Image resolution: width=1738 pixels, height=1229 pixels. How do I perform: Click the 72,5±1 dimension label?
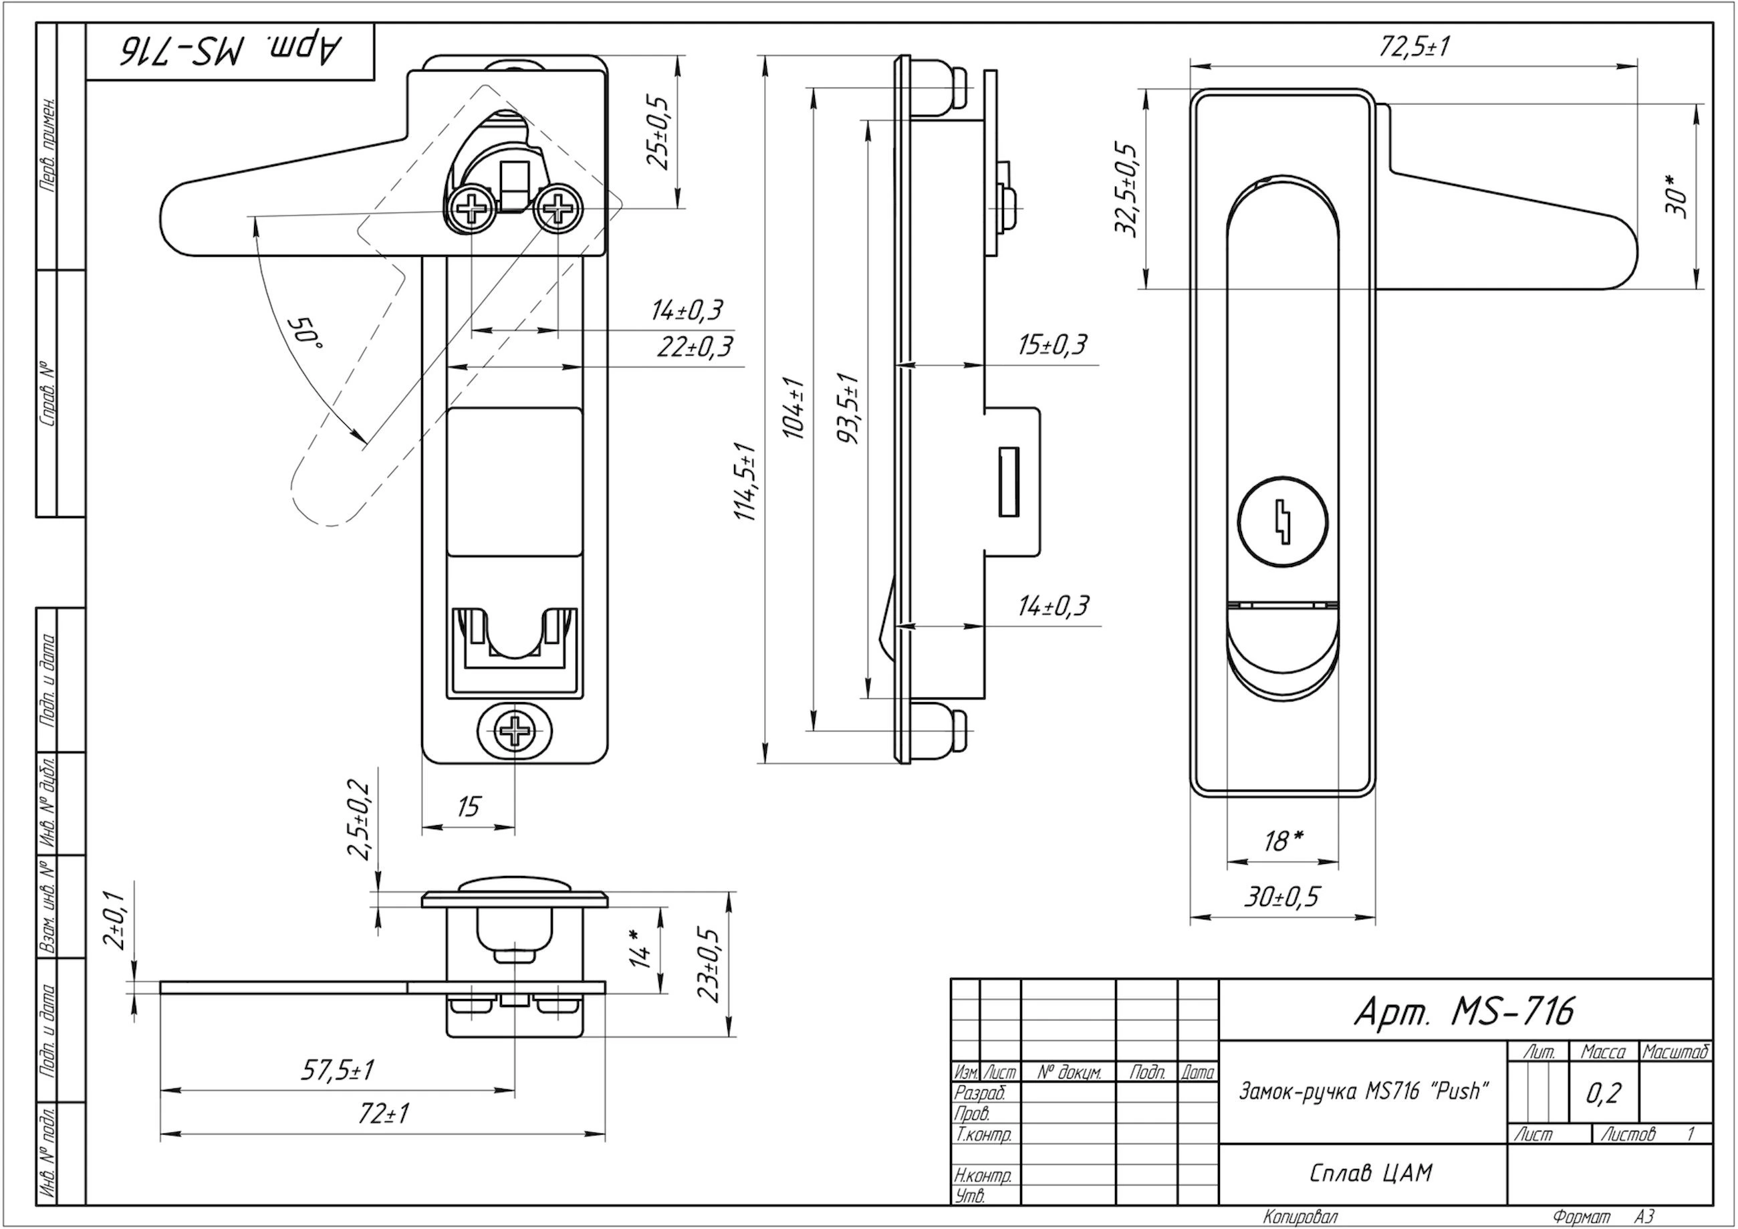pos(1414,47)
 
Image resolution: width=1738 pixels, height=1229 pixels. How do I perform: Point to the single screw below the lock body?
pos(515,731)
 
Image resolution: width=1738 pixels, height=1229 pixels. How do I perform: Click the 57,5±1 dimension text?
pos(338,1070)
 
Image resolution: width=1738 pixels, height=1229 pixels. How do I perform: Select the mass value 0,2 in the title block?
pos(1603,1093)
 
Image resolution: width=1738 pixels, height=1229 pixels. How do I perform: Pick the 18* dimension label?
pos(1284,840)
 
